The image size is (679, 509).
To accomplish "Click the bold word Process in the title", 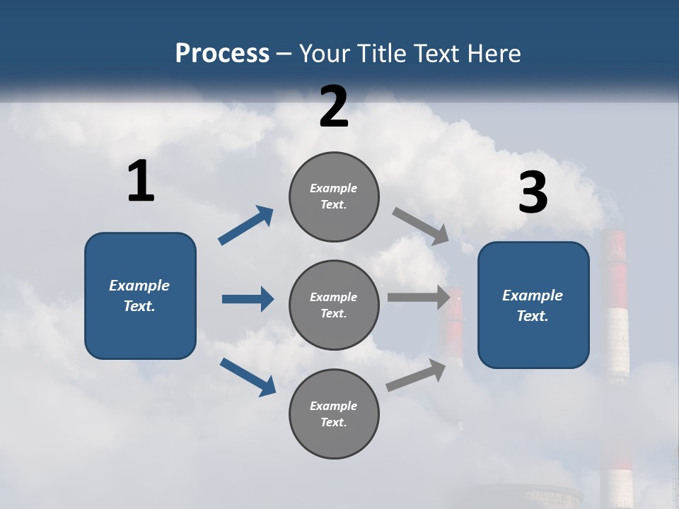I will pyautogui.click(x=222, y=54).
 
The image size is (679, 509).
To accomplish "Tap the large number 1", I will pyautogui.click(x=141, y=181).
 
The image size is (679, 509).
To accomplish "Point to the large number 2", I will pyautogui.click(x=334, y=106).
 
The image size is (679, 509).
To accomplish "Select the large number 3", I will pyautogui.click(x=533, y=192).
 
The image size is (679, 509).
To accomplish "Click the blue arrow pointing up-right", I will pyautogui.click(x=246, y=226).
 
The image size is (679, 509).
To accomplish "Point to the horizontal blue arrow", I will pyautogui.click(x=248, y=299).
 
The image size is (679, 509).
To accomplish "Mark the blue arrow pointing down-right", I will pyautogui.click(x=248, y=376).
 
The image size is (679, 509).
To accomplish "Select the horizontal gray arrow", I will pyautogui.click(x=419, y=297).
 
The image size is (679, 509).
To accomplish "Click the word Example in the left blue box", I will pyautogui.click(x=139, y=286).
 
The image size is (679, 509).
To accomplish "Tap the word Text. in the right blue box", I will pyautogui.click(x=533, y=316).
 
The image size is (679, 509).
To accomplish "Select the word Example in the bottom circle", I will pyautogui.click(x=334, y=406).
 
